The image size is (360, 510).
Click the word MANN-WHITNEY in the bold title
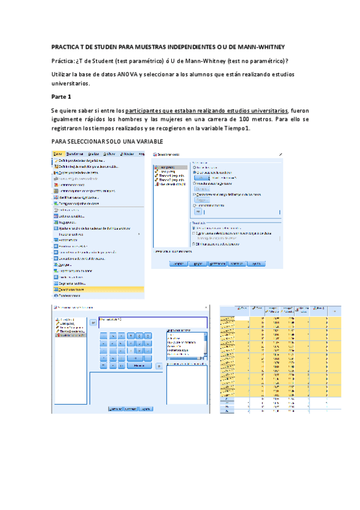262,47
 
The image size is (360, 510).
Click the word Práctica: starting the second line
63,61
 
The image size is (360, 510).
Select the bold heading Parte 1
61,96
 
